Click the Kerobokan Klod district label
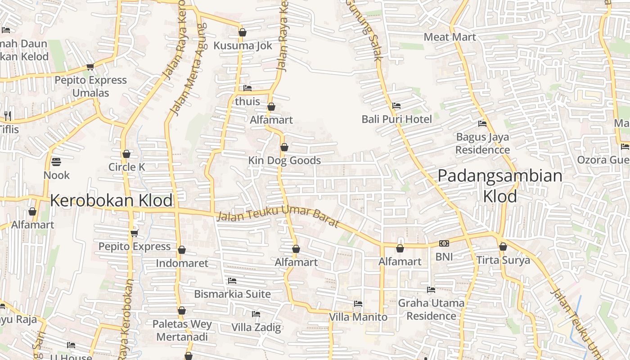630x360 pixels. click(x=111, y=201)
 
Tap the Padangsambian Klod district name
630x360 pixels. click(x=500, y=185)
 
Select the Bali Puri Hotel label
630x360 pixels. click(x=397, y=119)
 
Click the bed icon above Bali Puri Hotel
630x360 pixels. click(x=396, y=106)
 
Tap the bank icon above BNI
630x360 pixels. click(x=444, y=243)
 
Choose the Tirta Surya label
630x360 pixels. click(x=503, y=260)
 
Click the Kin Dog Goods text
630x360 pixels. click(x=284, y=161)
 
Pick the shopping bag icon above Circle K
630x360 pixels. click(x=126, y=154)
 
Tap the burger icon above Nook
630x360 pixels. click(x=56, y=162)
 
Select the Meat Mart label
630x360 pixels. click(x=450, y=37)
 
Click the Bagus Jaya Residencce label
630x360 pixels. click(x=483, y=143)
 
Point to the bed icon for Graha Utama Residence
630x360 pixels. click(x=431, y=290)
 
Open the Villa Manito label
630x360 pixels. click(x=358, y=317)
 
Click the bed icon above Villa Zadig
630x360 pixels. click(x=256, y=314)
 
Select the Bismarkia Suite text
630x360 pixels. click(x=232, y=294)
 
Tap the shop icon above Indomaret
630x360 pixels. click(x=182, y=250)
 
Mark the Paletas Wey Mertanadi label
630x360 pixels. click(x=182, y=330)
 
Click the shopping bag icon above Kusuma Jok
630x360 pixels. click(x=243, y=32)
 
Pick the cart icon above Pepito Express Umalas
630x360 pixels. click(x=90, y=67)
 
